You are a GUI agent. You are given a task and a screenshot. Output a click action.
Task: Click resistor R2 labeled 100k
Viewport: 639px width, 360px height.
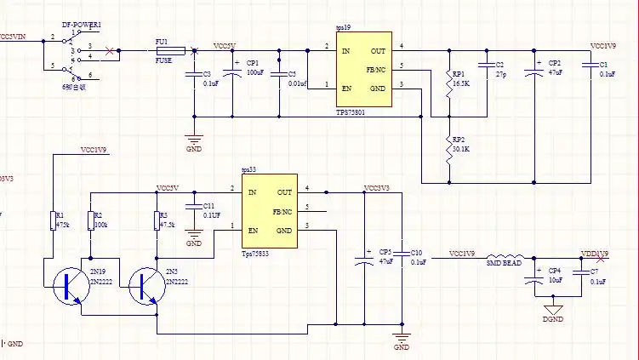point(88,220)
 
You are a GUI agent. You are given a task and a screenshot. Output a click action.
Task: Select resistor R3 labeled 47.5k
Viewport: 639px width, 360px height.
point(157,220)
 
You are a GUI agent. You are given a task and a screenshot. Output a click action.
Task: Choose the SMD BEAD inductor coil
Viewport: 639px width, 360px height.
point(504,255)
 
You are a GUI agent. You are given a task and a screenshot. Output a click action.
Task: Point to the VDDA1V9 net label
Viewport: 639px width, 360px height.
point(595,254)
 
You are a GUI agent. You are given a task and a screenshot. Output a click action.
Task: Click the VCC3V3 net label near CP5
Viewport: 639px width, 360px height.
point(376,188)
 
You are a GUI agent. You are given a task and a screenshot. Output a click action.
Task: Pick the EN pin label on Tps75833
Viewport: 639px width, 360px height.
point(253,231)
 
